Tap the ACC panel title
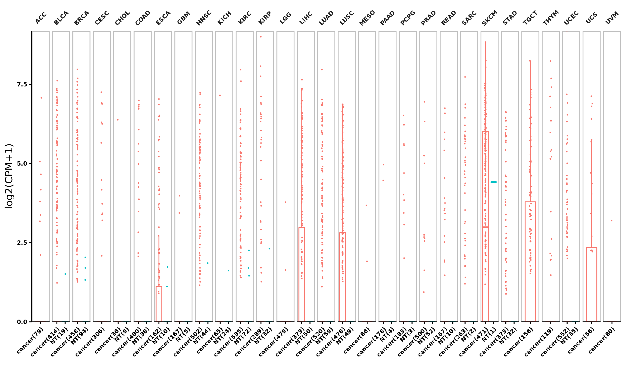pos(41,18)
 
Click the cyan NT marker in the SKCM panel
pos(493,182)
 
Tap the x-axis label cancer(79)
pos(30,340)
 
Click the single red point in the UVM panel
pos(612,221)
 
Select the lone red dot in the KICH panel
pos(220,95)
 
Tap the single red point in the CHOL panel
pos(118,120)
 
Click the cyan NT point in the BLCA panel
pos(65,274)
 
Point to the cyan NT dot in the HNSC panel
pos(208,263)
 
